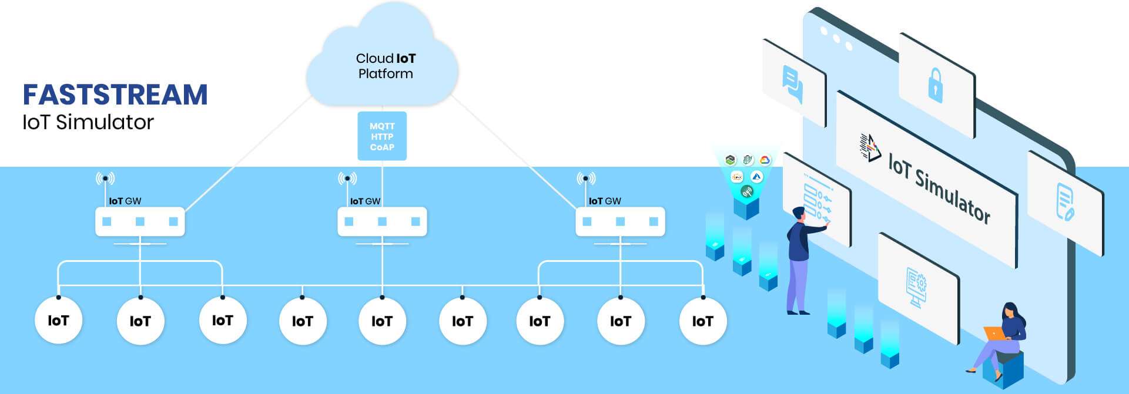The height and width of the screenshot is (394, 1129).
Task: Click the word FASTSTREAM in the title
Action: [115, 95]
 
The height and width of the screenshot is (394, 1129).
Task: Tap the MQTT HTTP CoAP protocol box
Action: [382, 136]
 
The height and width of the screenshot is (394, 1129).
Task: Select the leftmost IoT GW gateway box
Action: [140, 221]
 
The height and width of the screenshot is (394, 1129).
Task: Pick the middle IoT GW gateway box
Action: [382, 221]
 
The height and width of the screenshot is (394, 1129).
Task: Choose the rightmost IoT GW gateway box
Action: [620, 221]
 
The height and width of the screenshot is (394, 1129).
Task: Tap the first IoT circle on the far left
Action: [58, 321]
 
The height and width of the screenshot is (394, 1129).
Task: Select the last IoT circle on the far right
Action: [702, 321]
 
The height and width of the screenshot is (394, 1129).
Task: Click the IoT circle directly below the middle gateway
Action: [382, 321]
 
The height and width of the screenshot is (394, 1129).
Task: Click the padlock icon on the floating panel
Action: [935, 85]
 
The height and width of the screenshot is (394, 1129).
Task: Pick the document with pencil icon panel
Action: [1065, 201]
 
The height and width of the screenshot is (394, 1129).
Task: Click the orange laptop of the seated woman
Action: [994, 333]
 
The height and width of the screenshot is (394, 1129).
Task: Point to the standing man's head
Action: [798, 213]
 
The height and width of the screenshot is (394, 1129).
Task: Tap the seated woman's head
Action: [1010, 310]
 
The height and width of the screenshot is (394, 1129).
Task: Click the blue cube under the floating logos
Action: [746, 208]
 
